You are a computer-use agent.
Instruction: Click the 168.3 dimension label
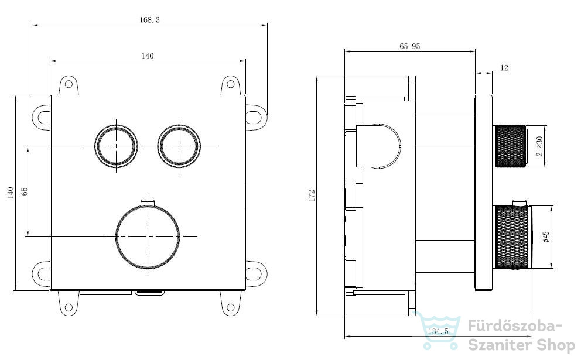pyautogui.click(x=149, y=20)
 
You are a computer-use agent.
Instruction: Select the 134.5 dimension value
pyautogui.click(x=438, y=331)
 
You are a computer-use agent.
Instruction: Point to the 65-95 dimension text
pyautogui.click(x=410, y=46)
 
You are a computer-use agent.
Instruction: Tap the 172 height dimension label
pyautogui.click(x=312, y=195)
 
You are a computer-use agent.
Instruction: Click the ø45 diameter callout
pyautogui.click(x=545, y=237)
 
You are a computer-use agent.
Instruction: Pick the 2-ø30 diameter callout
pyautogui.click(x=539, y=146)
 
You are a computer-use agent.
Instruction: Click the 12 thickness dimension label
pyautogui.click(x=504, y=68)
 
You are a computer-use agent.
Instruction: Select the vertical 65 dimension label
pyautogui.click(x=25, y=191)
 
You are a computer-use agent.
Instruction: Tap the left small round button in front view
pyautogui.click(x=117, y=146)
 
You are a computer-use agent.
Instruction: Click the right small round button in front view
pyautogui.click(x=179, y=146)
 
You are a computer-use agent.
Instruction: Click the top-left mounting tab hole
pyautogui.click(x=68, y=84)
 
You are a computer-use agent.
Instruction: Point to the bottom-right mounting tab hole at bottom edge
pyautogui.click(x=230, y=307)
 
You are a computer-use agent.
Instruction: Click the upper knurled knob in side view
pyautogui.click(x=511, y=146)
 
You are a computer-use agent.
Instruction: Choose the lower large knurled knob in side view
pyautogui.click(x=513, y=237)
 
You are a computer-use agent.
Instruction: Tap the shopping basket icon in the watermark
pyautogui.click(x=439, y=330)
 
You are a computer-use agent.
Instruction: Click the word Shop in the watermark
pyautogui.click(x=555, y=346)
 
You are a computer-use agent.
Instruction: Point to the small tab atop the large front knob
pyautogui.click(x=148, y=202)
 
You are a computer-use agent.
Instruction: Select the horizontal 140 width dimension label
pyautogui.click(x=148, y=56)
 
